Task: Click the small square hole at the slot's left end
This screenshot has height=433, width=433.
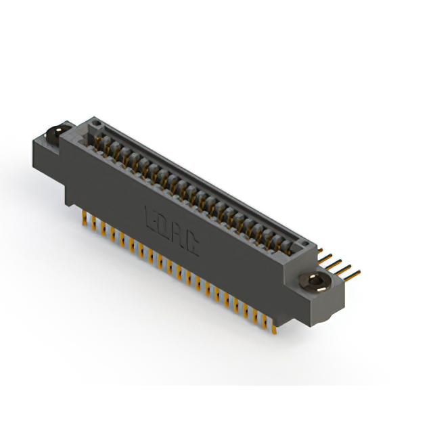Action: (96, 124)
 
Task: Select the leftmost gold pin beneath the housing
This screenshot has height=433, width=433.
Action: (84, 216)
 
